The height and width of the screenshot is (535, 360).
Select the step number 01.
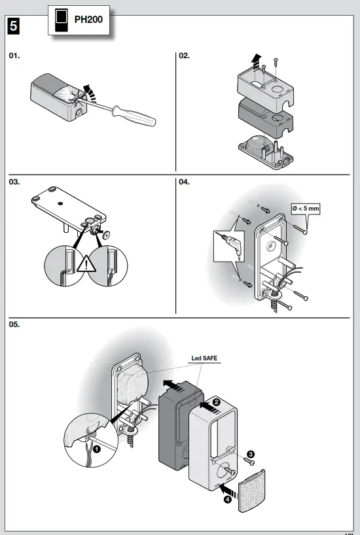coord(14,57)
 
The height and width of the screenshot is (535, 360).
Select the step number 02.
coord(185,57)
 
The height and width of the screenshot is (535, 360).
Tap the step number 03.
coord(14,182)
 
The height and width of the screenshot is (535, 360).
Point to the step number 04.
coord(185,182)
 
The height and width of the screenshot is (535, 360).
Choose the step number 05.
coord(14,324)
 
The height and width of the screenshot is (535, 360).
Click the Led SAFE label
coord(204,358)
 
